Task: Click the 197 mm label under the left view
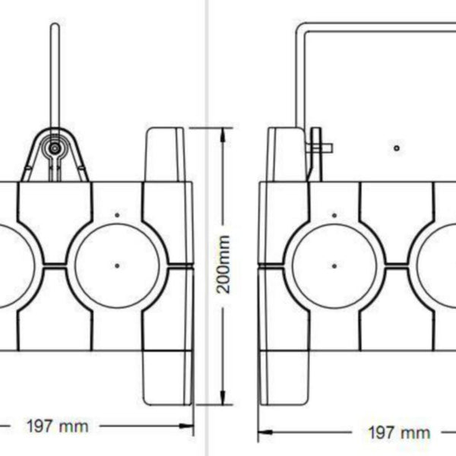[57, 426]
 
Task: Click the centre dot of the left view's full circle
[117, 265]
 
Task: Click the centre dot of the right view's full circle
[334, 265]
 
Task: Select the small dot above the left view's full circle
[117, 216]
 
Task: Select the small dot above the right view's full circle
[334, 216]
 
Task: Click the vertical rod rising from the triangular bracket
[54, 76]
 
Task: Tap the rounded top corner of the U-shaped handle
[302, 29]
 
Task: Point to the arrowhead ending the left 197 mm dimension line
[190, 426]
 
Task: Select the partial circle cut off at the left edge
[15, 265]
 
